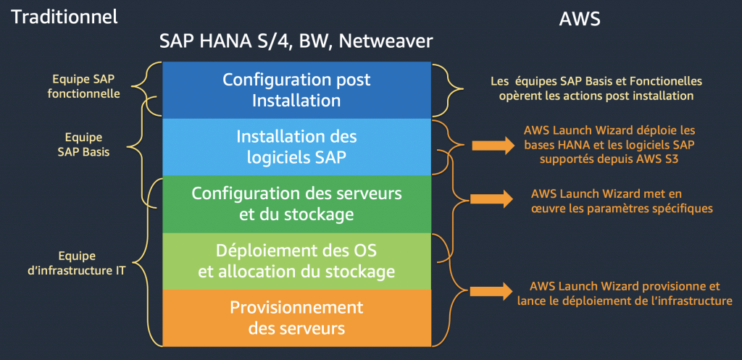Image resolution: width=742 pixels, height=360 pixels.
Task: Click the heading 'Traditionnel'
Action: coord(64,17)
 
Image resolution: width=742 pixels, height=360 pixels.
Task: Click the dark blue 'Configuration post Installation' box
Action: coord(296,90)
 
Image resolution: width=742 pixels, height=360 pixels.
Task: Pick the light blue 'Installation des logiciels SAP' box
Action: coord(296,146)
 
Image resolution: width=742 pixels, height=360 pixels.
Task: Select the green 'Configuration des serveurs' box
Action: coord(296,204)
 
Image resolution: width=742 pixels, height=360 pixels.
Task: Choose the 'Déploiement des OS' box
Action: coord(296,261)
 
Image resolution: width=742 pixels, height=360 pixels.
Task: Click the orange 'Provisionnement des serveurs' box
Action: coord(296,317)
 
